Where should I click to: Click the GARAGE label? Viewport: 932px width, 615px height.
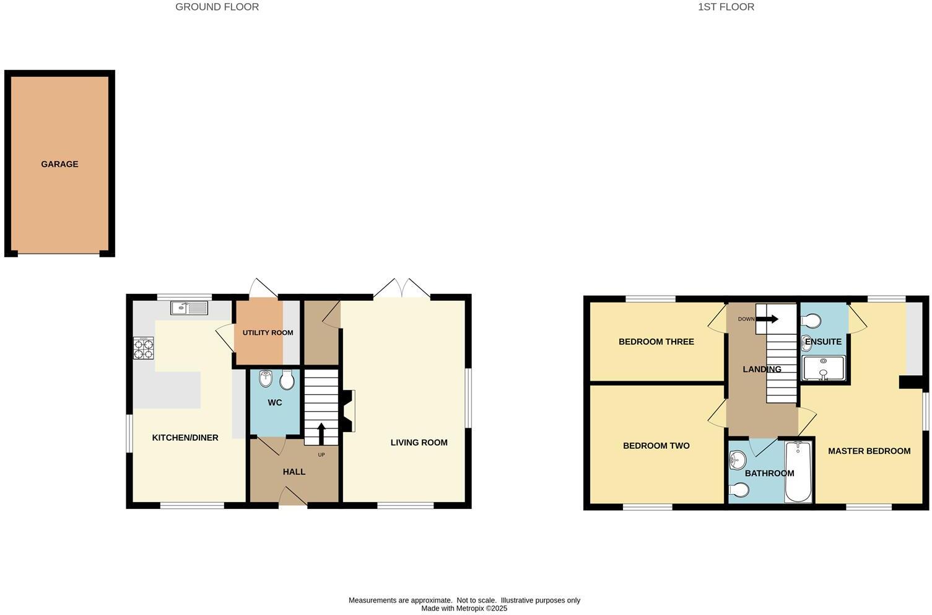59,164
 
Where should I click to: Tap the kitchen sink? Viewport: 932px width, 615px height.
189,308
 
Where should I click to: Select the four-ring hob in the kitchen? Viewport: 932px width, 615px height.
144,348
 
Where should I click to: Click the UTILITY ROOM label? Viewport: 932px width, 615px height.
268,332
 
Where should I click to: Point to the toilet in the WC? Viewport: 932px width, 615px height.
287,379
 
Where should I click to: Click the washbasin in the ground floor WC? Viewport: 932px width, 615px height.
266,378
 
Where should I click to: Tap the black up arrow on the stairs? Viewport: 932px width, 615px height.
321,434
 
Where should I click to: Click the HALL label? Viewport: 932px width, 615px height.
294,472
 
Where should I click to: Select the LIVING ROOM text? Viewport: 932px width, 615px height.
419,443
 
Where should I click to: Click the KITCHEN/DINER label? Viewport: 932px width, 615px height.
185,438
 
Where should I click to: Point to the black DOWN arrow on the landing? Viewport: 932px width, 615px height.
767,319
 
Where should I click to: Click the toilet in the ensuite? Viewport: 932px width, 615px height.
811,321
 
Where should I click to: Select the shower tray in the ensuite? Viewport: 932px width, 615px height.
824,368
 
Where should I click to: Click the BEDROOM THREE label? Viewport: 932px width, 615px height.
656,342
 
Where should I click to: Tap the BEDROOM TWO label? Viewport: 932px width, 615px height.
656,445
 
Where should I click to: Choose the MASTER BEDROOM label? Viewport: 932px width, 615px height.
869,451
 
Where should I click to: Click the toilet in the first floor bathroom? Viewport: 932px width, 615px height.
739,490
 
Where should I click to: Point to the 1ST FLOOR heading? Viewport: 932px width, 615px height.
726,7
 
